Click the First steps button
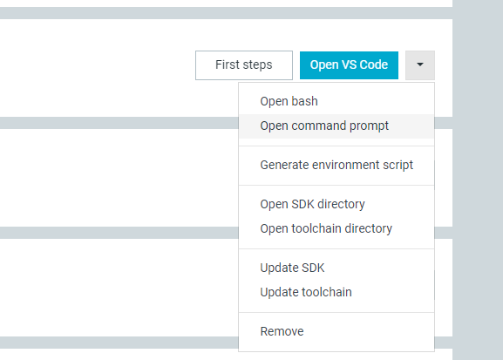click(244, 65)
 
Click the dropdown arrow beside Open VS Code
click(420, 65)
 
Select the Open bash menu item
click(289, 101)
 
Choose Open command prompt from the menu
click(324, 126)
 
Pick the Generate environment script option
click(336, 166)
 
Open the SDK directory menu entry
click(312, 204)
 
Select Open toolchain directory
click(326, 228)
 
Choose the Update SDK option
click(292, 268)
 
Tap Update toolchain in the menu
click(306, 292)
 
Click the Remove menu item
click(282, 331)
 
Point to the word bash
click(305, 101)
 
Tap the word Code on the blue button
click(374, 65)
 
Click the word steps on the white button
click(257, 65)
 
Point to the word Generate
click(284, 165)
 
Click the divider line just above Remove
click(336, 312)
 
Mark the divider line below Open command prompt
click(336, 146)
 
